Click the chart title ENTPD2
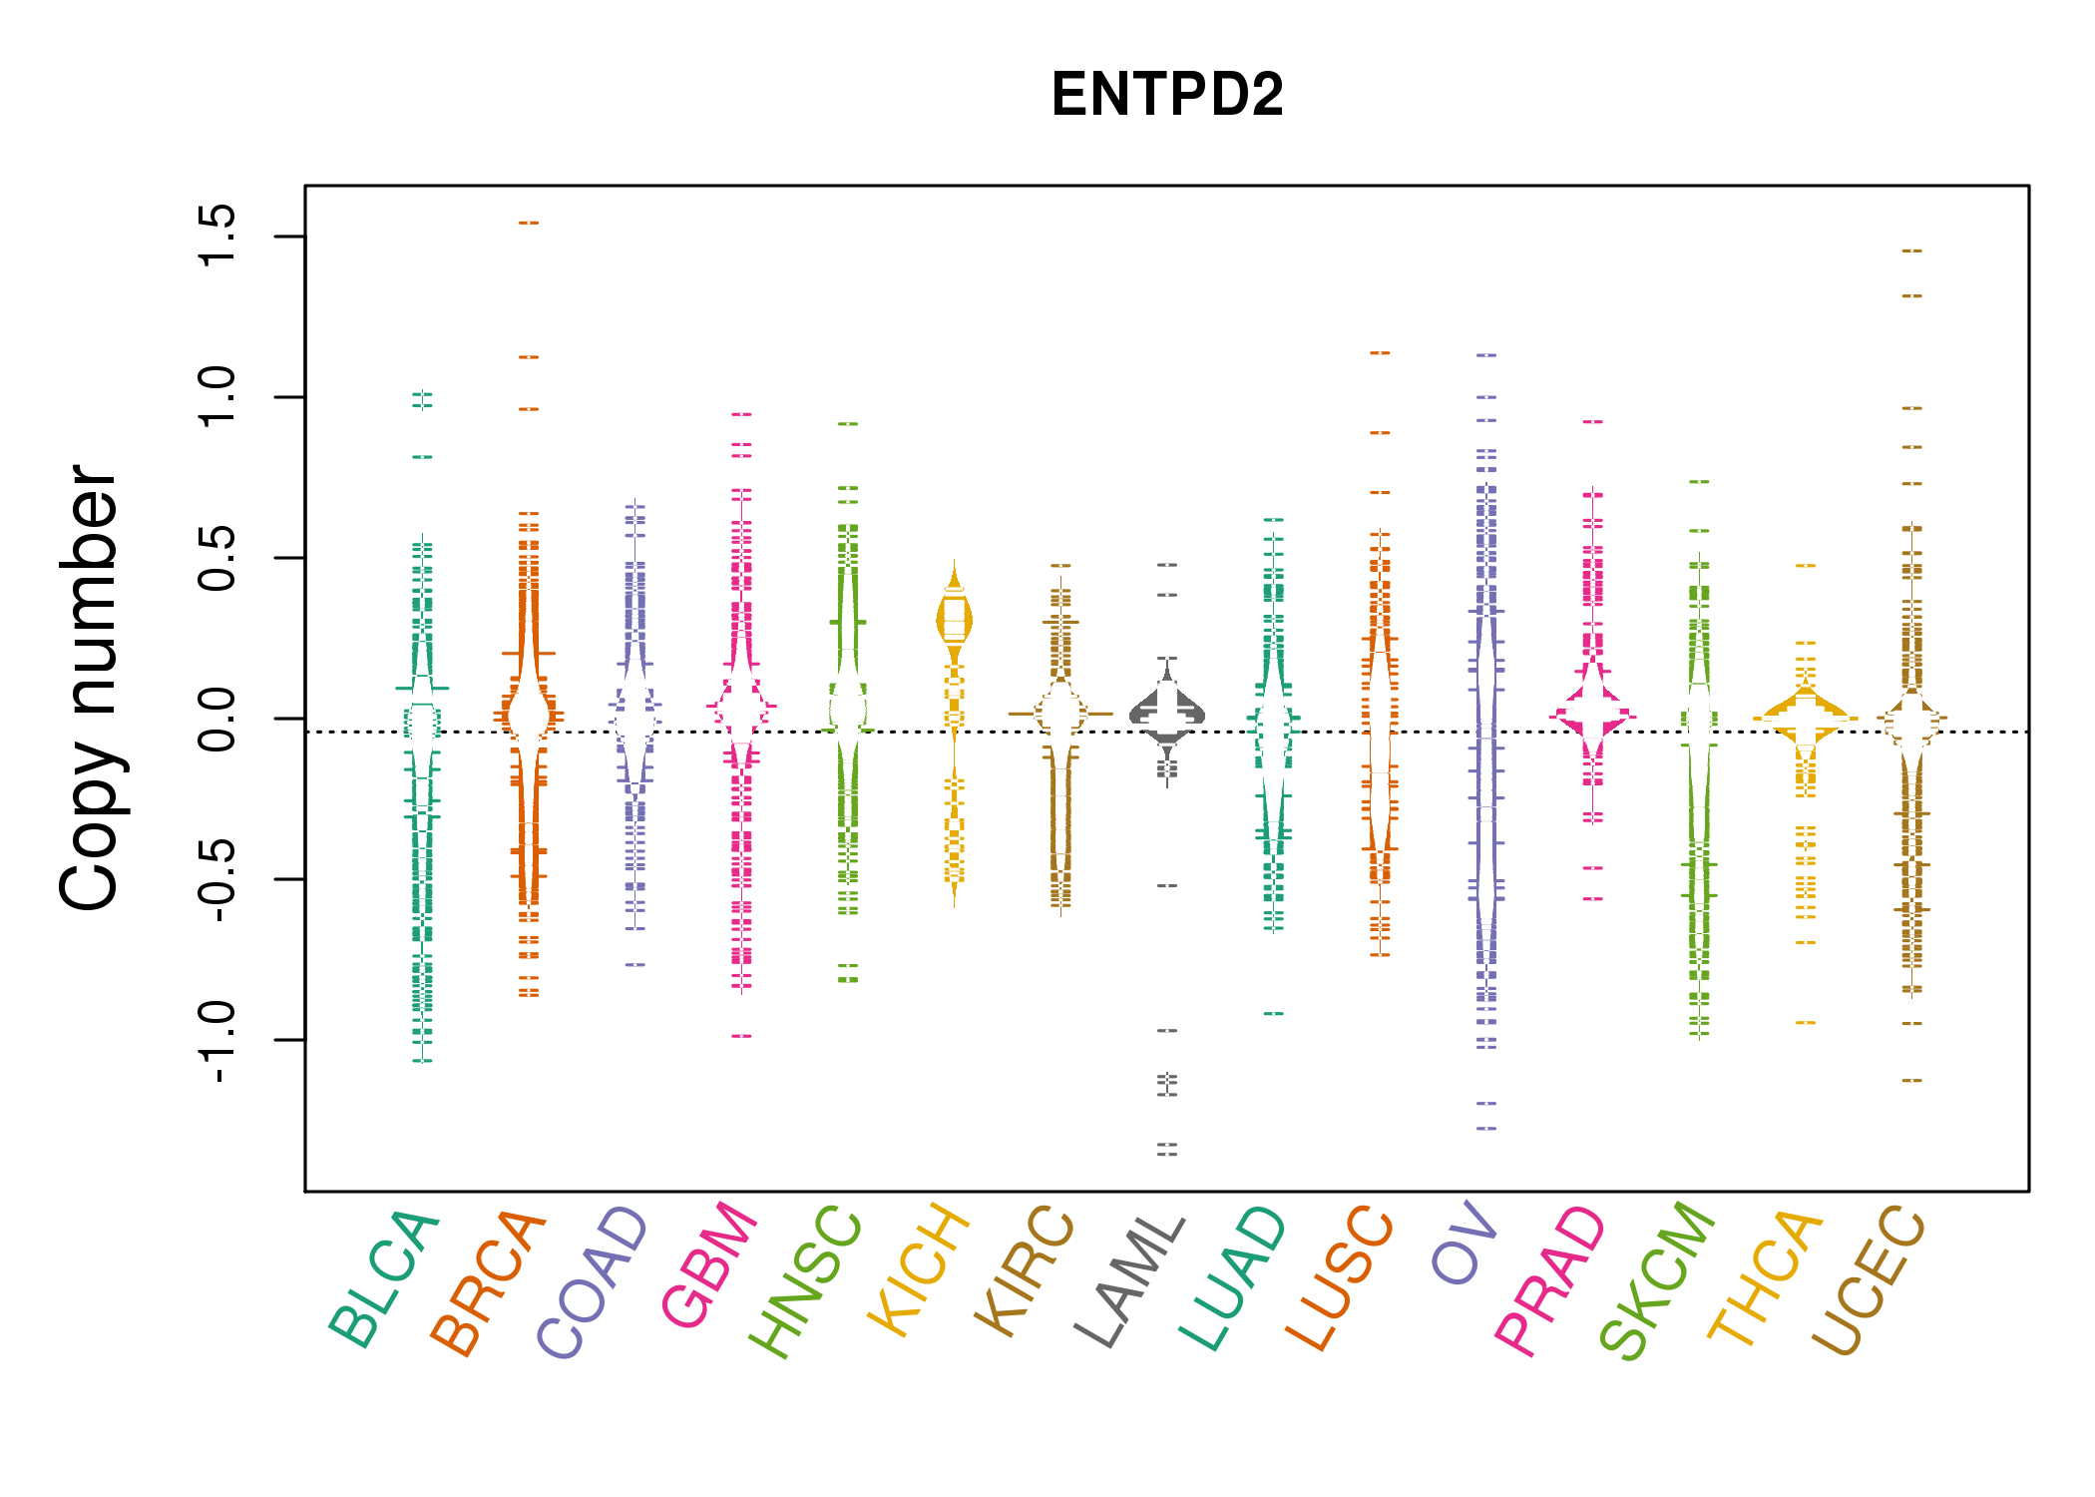(x=1166, y=95)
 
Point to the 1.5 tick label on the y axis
(x=216, y=237)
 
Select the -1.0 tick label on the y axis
(x=216, y=1041)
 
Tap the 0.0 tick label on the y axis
(x=216, y=719)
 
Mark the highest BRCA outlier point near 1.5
(x=529, y=224)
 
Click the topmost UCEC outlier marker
(x=1911, y=251)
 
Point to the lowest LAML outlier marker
(x=1167, y=1154)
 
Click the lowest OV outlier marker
(x=1486, y=1129)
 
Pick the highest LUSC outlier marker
(x=1380, y=353)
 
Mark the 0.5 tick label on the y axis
(x=216, y=558)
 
